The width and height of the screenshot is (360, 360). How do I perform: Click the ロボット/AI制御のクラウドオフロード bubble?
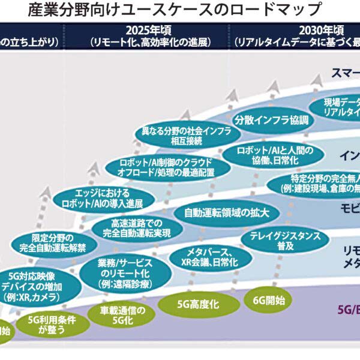click(166, 167)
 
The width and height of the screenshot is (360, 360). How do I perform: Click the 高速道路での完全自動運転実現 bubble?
click(137, 227)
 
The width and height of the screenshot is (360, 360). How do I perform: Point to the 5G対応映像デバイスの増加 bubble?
click(37, 286)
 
